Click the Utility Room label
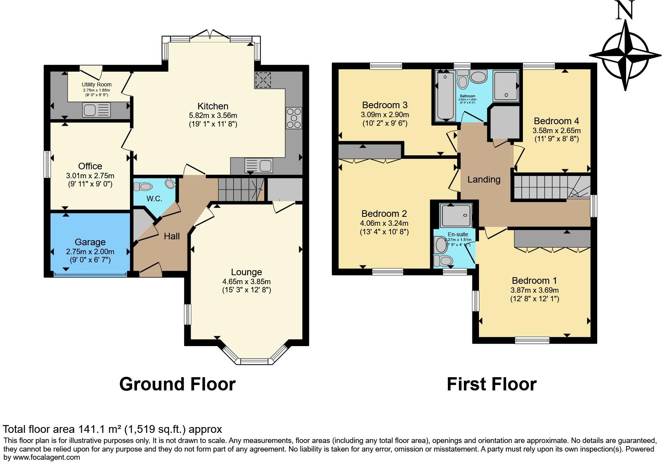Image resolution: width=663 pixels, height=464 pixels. tap(96, 84)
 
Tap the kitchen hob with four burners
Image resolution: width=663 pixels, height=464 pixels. tap(294, 118)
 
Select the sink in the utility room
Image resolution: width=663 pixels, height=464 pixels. tap(96, 110)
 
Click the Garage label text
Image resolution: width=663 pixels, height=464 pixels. tap(90, 242)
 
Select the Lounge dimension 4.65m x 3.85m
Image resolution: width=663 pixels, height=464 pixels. tap(246, 281)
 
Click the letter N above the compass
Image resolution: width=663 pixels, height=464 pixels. tap(625, 11)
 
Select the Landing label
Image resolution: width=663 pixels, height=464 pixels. tap(484, 179)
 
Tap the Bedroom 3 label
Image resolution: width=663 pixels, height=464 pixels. tap(384, 105)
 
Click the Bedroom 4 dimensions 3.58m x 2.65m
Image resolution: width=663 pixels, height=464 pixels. tap(556, 131)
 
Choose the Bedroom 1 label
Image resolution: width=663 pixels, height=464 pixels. tap(534, 281)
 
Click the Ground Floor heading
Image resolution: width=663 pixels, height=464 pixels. tap(177, 384)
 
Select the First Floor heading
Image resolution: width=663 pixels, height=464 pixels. tap(491, 384)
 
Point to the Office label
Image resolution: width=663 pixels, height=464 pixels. tap(90, 166)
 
